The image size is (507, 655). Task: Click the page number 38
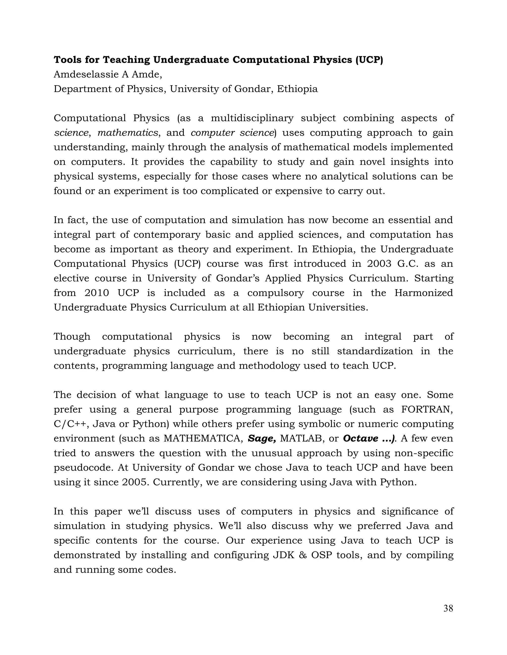pos(448,608)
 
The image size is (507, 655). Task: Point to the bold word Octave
pos(360,438)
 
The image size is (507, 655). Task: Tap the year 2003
pos(379,264)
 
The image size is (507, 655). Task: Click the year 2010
pos(96,293)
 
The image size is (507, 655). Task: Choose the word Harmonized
pos(424,293)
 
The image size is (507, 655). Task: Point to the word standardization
pos(375,351)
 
